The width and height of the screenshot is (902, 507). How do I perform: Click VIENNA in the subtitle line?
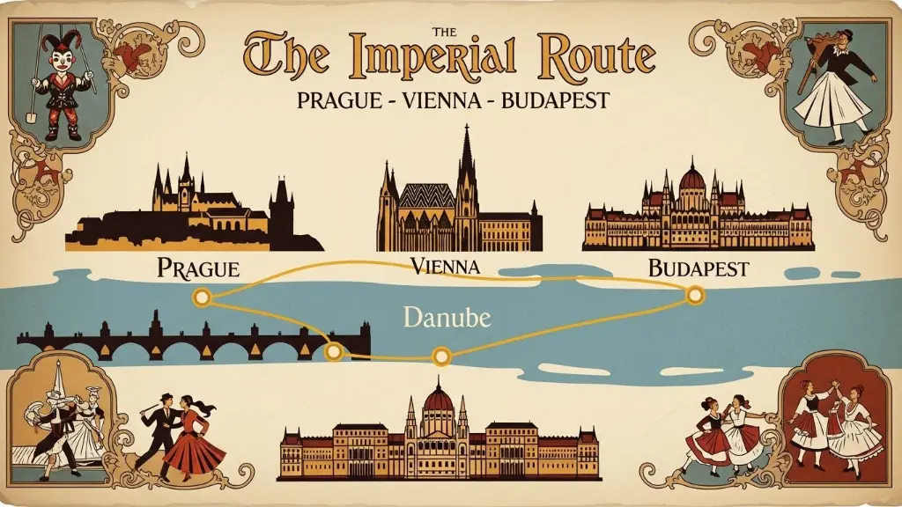[440, 99]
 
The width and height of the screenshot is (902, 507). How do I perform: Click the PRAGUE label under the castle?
[197, 268]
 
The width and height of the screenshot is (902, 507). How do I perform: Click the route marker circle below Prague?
[203, 298]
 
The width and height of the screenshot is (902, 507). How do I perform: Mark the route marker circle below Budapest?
[695, 295]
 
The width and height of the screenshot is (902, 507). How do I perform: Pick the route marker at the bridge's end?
[333, 352]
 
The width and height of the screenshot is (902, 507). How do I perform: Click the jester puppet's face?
[61, 62]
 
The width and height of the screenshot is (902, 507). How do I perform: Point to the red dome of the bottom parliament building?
[438, 400]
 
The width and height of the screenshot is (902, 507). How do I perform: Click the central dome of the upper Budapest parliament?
[692, 180]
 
